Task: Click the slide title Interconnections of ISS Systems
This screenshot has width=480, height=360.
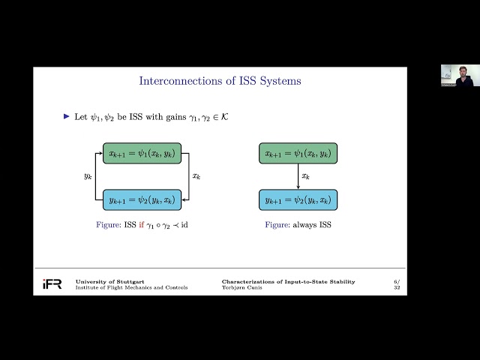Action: click(220, 81)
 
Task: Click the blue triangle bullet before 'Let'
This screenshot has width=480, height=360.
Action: click(66, 116)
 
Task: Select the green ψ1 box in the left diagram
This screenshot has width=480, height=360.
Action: click(142, 154)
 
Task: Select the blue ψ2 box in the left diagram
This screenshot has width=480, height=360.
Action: click(142, 199)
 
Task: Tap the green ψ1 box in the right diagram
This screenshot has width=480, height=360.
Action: click(298, 154)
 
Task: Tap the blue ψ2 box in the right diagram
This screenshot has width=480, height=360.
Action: click(298, 199)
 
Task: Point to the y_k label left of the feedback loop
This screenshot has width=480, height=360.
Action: click(87, 177)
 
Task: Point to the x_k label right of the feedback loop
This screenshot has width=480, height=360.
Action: click(196, 177)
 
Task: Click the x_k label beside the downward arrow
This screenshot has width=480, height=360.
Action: click(306, 177)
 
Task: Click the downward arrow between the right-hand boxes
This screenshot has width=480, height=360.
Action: click(298, 177)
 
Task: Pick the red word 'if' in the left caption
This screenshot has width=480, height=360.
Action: click(140, 224)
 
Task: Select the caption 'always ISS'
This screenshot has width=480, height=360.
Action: click(312, 224)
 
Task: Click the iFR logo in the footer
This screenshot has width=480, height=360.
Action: click(52, 284)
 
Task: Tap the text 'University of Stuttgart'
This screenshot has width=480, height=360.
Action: click(106, 281)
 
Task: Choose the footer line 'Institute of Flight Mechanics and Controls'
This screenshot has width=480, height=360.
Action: click(131, 288)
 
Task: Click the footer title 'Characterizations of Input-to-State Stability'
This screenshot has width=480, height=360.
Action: click(288, 281)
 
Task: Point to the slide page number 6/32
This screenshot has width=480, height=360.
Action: click(396, 284)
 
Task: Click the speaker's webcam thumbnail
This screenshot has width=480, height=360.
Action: click(451, 75)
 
